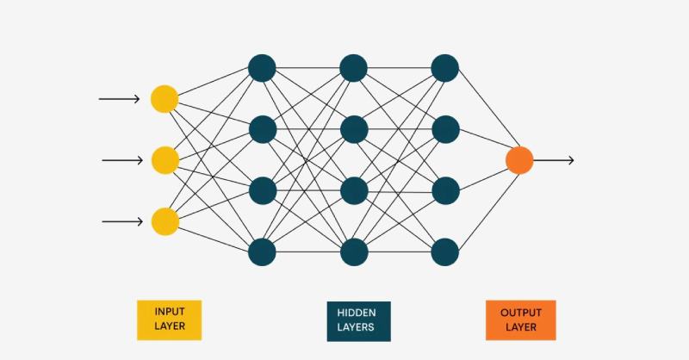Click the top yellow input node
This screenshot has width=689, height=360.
coord(164,99)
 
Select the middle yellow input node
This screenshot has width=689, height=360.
coord(164,160)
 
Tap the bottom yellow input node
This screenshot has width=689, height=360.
coord(164,221)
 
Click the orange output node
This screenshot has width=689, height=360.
coord(519,160)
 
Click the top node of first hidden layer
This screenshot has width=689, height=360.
coord(262,67)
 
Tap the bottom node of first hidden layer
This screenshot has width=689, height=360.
coord(262,252)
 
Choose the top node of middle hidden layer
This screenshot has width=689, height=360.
coord(354,67)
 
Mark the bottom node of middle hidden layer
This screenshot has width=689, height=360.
coord(354,252)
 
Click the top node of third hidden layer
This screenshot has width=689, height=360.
coord(444,67)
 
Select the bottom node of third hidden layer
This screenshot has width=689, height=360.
coord(444,252)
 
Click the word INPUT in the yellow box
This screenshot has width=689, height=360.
coord(170,311)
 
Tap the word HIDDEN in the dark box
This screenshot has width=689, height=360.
coord(358,313)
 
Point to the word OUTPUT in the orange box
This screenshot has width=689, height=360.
coord(520,312)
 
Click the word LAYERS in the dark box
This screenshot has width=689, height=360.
coord(358,328)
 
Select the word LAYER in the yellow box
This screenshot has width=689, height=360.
coord(170,326)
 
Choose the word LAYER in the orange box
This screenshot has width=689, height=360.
coord(520,327)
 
